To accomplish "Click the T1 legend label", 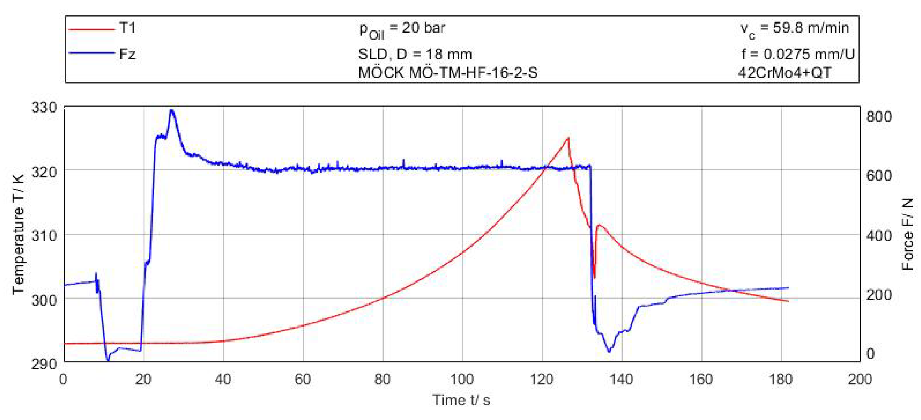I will (x=127, y=28).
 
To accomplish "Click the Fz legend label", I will (x=127, y=54).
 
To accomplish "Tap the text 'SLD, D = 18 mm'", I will (x=415, y=54).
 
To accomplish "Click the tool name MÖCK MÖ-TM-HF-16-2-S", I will (x=447, y=73).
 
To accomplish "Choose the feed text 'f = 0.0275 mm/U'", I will (x=798, y=54).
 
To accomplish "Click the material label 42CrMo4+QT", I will (x=784, y=73).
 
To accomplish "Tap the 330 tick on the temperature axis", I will (x=44, y=107).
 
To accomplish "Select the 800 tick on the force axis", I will (x=879, y=117).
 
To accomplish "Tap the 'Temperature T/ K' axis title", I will (x=18, y=234).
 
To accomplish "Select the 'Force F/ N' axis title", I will (x=908, y=234).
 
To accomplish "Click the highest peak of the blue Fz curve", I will (x=172, y=110).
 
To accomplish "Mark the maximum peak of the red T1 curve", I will (x=568, y=138).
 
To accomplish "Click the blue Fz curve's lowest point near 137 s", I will (x=609, y=352).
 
